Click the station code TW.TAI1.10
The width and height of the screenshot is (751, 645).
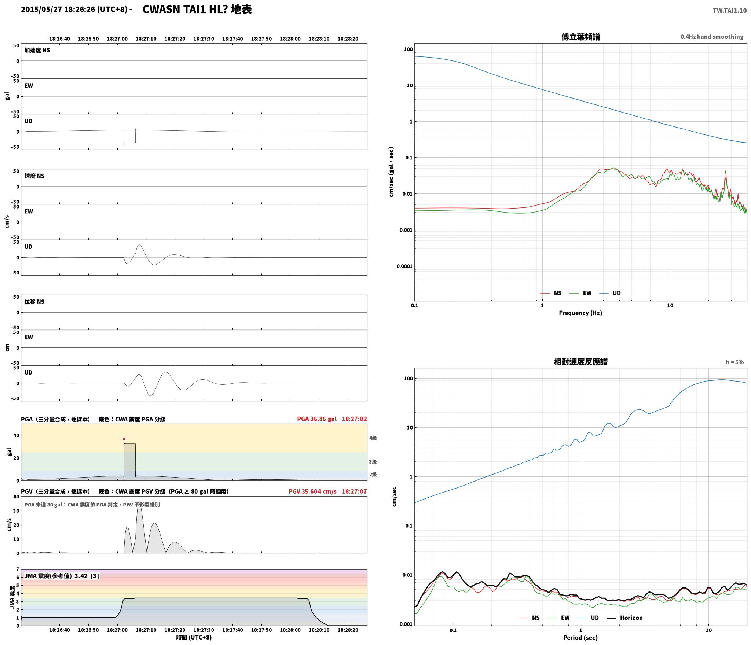pyautogui.click(x=729, y=11)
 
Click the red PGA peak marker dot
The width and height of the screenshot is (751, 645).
pyautogui.click(x=124, y=439)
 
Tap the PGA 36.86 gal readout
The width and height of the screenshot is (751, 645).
pyautogui.click(x=317, y=419)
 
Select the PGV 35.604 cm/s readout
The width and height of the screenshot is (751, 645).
pyautogui.click(x=312, y=491)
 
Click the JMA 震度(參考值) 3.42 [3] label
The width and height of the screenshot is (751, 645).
pyautogui.click(x=62, y=576)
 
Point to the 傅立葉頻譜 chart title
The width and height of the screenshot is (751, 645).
pyautogui.click(x=580, y=37)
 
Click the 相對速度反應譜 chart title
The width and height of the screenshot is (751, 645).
pyautogui.click(x=580, y=362)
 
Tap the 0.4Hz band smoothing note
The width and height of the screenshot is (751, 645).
pyautogui.click(x=712, y=37)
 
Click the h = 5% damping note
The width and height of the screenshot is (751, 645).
pyautogui.click(x=734, y=362)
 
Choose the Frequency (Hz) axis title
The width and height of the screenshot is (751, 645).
pyautogui.click(x=580, y=313)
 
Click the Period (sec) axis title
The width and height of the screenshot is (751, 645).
pyautogui.click(x=580, y=638)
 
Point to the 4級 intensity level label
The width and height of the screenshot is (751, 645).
pyautogui.click(x=373, y=438)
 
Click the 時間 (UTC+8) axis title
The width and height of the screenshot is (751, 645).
pyautogui.click(x=194, y=637)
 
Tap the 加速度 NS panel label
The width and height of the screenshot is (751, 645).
pyautogui.click(x=37, y=50)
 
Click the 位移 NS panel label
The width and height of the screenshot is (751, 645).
pyautogui.click(x=34, y=302)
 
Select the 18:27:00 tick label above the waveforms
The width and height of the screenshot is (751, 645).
pyautogui.click(x=117, y=39)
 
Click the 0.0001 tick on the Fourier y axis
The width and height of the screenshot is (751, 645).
pyautogui.click(x=404, y=266)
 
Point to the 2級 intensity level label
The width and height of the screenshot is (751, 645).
pyautogui.click(x=373, y=475)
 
